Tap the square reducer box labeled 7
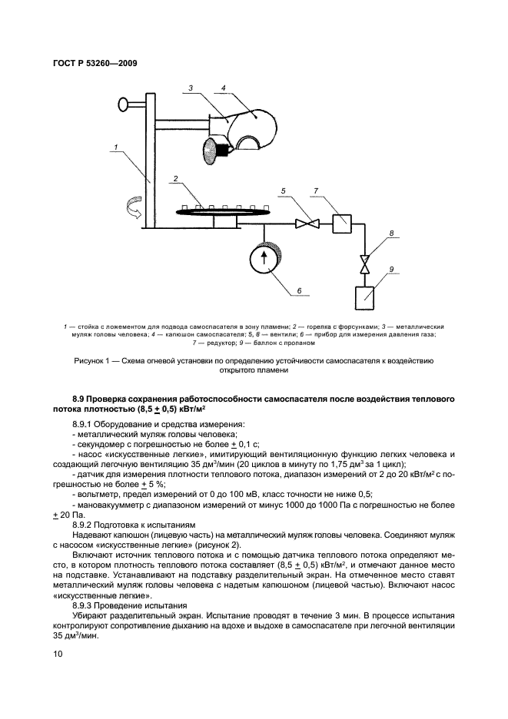(340, 224)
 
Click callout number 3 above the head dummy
(190, 89)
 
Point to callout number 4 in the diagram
(224, 89)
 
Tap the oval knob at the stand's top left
(125, 103)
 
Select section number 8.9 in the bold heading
(79, 400)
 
